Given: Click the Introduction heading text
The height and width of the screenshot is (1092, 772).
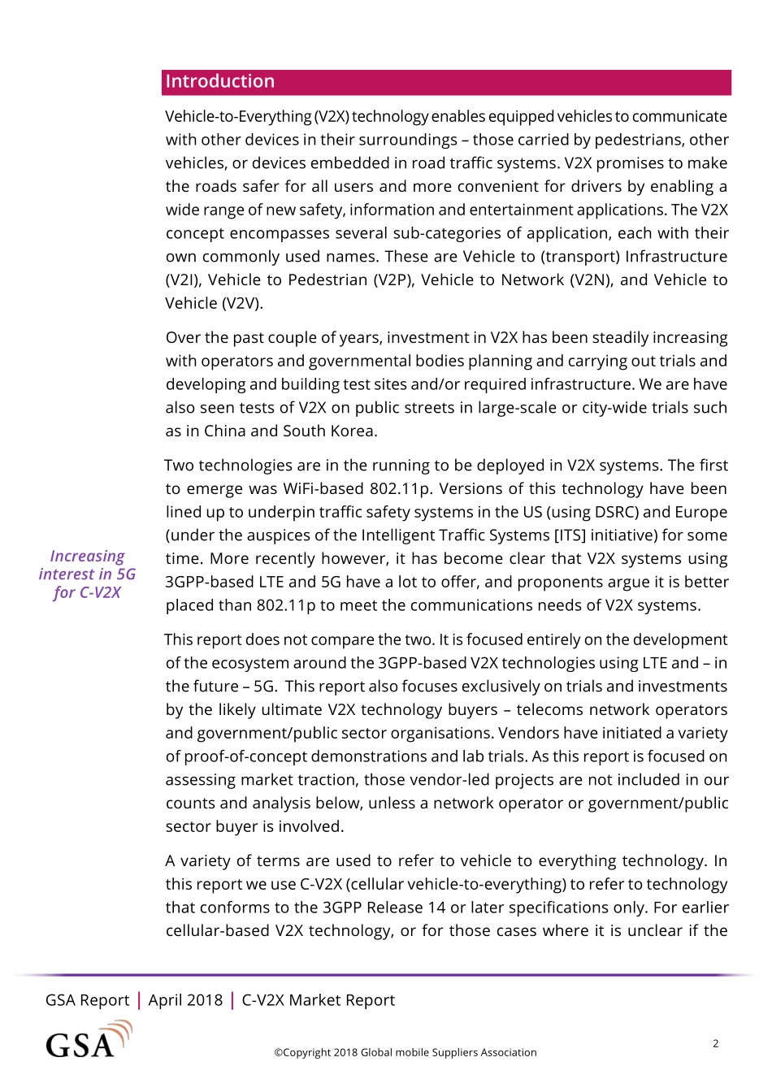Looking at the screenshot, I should pos(219,81).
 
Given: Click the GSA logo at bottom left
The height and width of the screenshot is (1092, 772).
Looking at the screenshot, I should pos(88,1041).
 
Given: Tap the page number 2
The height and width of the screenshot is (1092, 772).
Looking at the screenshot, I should pos(715,1043).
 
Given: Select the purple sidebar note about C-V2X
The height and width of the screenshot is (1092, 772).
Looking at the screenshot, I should pos(87,574).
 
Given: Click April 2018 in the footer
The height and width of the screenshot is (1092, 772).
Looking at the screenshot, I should pos(185,1000).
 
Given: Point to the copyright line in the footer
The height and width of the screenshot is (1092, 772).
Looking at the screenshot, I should pos(405,1052).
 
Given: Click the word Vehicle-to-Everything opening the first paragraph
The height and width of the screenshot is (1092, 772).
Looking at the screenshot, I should pos(238,117).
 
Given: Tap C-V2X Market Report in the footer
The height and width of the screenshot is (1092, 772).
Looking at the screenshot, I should pos(318,1000).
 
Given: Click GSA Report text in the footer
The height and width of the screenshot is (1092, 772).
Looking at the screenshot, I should pos(87,1000).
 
